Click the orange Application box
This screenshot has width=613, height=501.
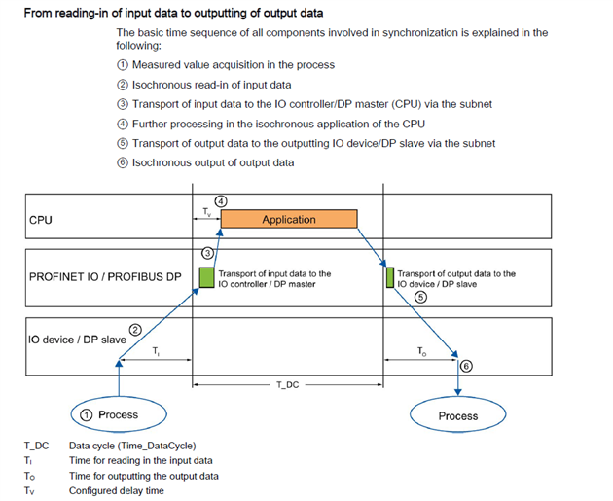pos(289,220)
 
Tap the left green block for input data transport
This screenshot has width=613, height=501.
pos(205,277)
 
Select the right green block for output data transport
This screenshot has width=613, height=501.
pos(389,277)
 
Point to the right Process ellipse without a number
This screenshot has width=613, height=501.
pos(457,415)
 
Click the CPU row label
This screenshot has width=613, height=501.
pos(42,220)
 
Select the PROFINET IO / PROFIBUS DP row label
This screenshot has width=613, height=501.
pos(105,277)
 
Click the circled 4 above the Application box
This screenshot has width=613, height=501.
pos(221,201)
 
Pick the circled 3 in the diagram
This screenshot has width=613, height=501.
pos(207,252)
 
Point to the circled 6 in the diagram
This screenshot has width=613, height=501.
pos(466,366)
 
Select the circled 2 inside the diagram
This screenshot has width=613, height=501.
pos(136,330)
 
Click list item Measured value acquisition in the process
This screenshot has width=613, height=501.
pos(234,65)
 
